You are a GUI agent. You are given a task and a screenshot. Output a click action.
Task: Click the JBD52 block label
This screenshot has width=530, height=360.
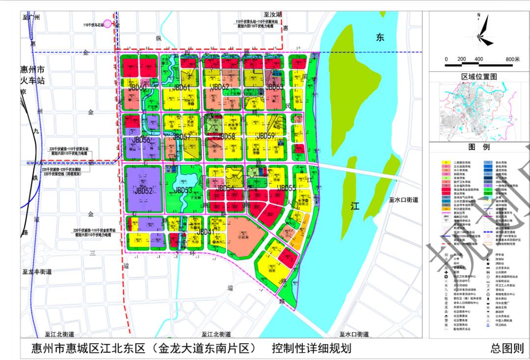point(143,190)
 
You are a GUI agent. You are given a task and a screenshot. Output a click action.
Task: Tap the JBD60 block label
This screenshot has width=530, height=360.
point(138,88)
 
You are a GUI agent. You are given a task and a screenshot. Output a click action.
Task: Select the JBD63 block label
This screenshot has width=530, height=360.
point(275,87)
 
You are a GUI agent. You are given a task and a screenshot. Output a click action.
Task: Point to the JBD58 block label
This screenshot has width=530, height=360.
point(226,136)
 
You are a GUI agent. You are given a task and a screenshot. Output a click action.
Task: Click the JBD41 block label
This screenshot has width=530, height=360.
point(205,231)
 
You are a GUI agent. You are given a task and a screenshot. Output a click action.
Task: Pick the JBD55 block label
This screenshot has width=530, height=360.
point(287,188)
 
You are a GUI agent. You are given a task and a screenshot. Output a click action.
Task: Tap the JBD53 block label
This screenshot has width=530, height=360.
point(183,190)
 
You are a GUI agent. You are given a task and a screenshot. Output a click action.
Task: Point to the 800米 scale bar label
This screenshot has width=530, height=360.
point(512,59)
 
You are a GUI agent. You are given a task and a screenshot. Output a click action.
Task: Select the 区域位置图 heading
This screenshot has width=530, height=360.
point(479,77)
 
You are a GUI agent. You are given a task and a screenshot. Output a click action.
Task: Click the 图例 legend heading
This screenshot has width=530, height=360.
point(479,147)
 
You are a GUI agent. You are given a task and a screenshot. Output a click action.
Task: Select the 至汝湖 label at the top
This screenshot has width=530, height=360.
point(271,16)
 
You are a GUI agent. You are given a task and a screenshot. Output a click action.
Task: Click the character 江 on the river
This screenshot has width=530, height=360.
point(355,206)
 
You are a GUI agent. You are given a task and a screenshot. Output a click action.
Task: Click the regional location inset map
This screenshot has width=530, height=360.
point(479,111)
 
